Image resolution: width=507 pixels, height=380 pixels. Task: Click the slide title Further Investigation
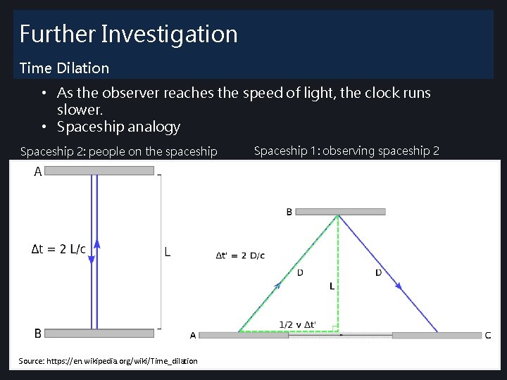coord(128,34)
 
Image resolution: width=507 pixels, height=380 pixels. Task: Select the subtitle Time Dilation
coord(64,68)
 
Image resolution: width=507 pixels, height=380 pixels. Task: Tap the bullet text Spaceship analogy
coord(118,127)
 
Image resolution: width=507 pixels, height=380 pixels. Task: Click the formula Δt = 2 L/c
coord(59,249)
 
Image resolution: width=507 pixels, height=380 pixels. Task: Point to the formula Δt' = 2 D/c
coord(240,255)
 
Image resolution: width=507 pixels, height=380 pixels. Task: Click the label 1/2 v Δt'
coord(297,324)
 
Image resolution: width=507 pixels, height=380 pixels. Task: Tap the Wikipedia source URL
coord(108,361)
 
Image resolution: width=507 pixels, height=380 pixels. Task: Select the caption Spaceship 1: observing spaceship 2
coord(346,151)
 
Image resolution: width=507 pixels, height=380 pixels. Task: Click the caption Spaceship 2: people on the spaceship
coord(119,151)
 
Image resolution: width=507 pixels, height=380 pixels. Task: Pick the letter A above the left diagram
coord(37,171)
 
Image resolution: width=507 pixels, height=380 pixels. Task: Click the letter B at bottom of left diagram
coord(37,333)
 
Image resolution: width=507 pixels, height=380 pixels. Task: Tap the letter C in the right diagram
coord(488,335)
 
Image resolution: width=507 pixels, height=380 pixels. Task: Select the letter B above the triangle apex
coord(289,212)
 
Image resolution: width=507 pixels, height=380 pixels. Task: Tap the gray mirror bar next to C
coord(437,336)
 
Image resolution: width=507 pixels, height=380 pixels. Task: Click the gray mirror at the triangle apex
coord(341,211)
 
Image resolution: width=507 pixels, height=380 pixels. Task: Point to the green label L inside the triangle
coord(332,286)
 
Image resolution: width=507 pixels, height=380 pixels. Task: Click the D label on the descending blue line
coord(378,272)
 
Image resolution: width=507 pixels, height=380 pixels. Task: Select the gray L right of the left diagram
coord(167,251)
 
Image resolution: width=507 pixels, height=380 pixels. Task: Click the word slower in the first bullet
coord(80,110)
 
